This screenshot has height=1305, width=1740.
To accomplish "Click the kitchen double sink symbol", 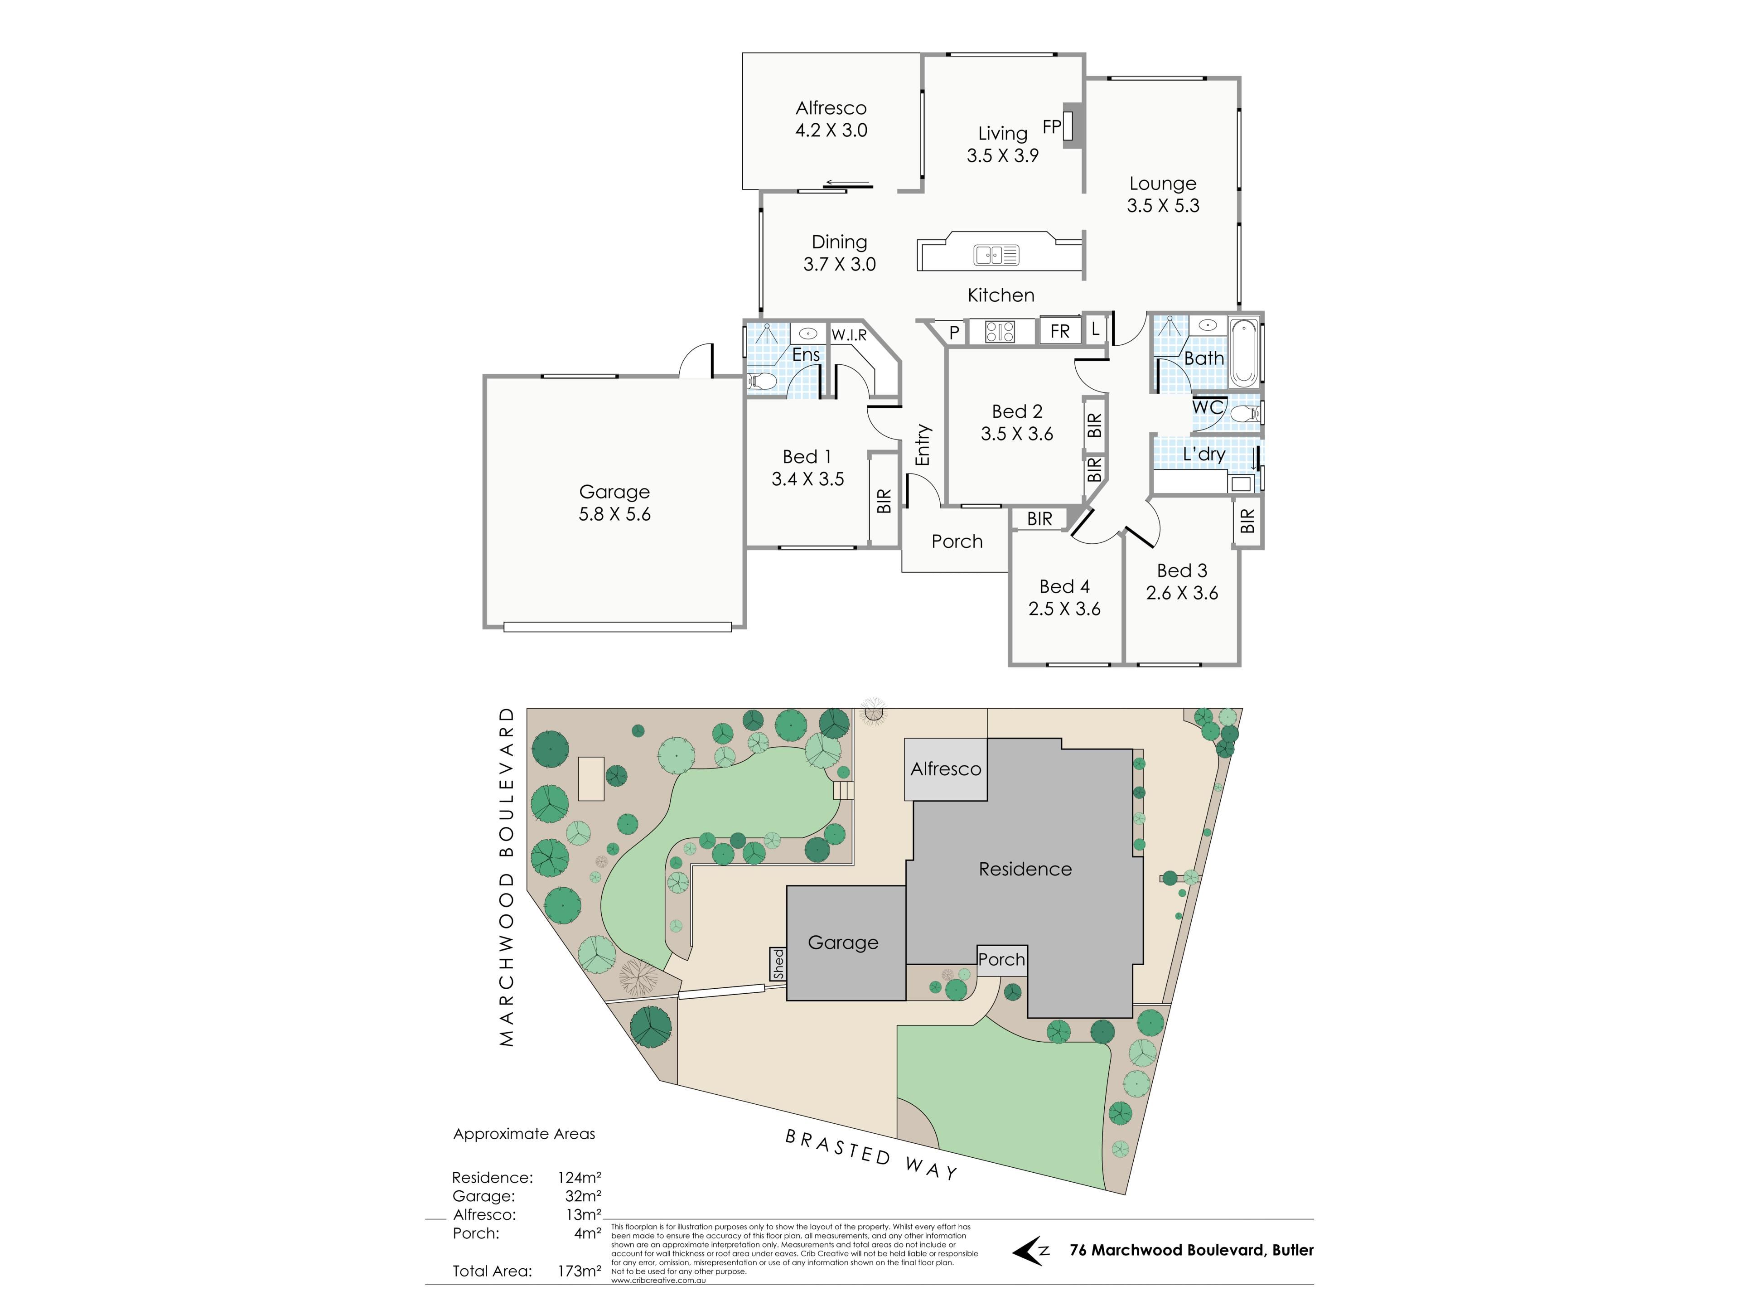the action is pos(996,255).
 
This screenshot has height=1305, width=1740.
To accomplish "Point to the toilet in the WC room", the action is pos(1244,414).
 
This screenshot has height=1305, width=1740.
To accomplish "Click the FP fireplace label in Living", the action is pos(1052,126).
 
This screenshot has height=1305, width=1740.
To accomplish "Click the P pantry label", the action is pos(954,333).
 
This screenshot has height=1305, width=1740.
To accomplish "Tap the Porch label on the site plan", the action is pos(1001,960).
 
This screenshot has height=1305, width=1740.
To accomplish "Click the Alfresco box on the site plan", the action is pos(946,769).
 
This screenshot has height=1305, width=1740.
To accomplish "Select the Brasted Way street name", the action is pos(871,1154).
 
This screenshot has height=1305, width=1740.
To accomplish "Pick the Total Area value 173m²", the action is pos(579,1271).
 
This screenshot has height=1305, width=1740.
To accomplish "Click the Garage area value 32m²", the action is pos(583,1196).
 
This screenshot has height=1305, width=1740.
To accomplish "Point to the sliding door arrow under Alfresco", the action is pos(847,184).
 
